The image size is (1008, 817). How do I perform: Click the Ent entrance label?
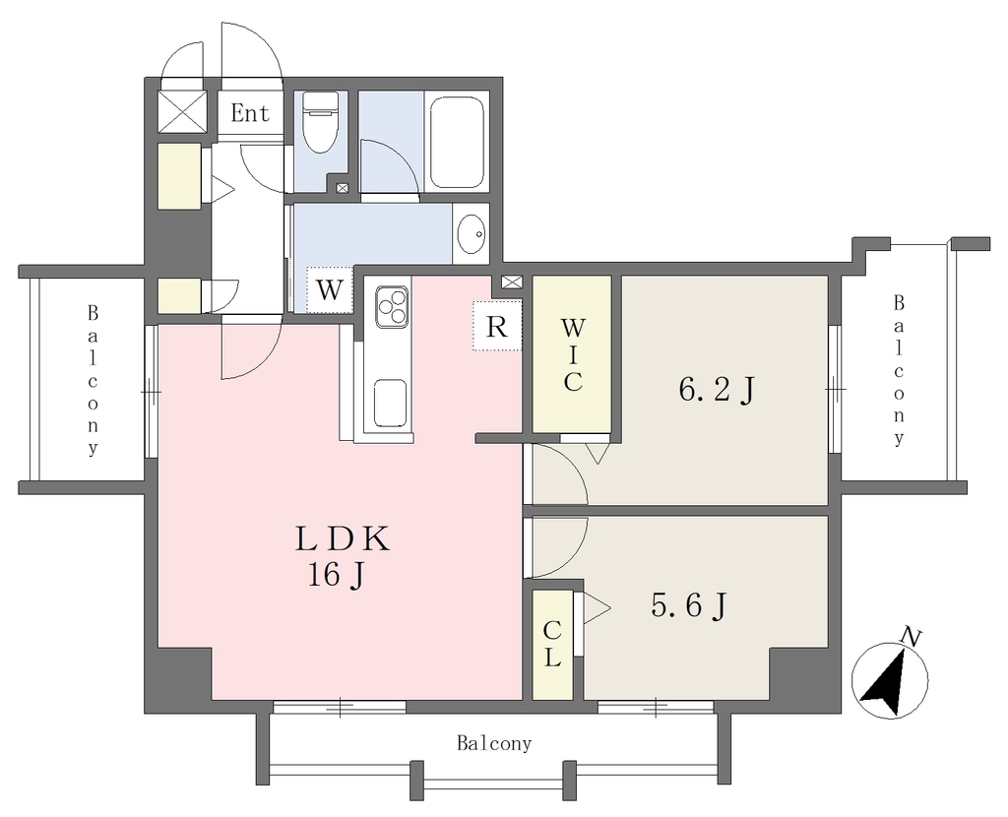(250, 114)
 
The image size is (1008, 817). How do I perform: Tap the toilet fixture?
(320, 122)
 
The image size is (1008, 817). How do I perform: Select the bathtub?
(457, 142)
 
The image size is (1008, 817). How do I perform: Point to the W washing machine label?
(330, 290)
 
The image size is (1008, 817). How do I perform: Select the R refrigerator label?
(496, 327)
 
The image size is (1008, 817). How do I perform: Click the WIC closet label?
(572, 355)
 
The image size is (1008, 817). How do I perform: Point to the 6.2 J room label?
(717, 390)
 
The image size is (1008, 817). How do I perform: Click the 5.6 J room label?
(688, 605)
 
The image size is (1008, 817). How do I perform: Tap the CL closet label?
(552, 645)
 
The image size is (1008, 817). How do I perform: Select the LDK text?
(343, 539)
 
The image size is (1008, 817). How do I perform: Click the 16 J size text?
(337, 575)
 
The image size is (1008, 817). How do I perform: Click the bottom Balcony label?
(494, 744)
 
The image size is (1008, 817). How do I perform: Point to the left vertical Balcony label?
(94, 381)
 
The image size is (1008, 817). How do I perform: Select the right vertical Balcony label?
(899, 370)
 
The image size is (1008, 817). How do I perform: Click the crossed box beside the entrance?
(183, 111)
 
